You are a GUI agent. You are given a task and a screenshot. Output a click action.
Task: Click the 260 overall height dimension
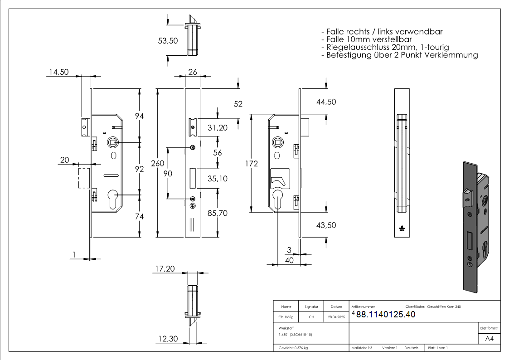tap(158, 164)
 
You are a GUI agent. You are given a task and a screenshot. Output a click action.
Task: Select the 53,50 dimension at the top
tap(168, 41)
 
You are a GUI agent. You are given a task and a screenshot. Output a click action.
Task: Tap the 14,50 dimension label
tap(58, 72)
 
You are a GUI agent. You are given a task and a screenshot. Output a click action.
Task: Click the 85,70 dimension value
tap(218, 213)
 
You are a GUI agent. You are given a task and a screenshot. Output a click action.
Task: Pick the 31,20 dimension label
tap(218, 128)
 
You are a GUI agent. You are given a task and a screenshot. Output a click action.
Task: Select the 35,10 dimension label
tap(218, 179)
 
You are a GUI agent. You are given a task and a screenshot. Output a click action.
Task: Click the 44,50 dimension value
tap(326, 102)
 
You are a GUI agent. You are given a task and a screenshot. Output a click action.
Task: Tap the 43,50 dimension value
tap(326, 225)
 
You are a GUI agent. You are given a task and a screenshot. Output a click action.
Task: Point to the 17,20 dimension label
tap(165, 269)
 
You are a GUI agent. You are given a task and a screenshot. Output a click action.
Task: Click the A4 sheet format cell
tap(489, 339)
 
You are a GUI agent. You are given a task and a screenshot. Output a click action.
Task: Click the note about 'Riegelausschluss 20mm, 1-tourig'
tap(385, 47)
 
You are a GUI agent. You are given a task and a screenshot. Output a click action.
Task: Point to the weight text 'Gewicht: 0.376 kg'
tap(293, 348)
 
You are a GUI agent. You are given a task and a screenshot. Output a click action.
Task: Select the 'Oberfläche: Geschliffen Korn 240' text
tap(433, 307)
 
